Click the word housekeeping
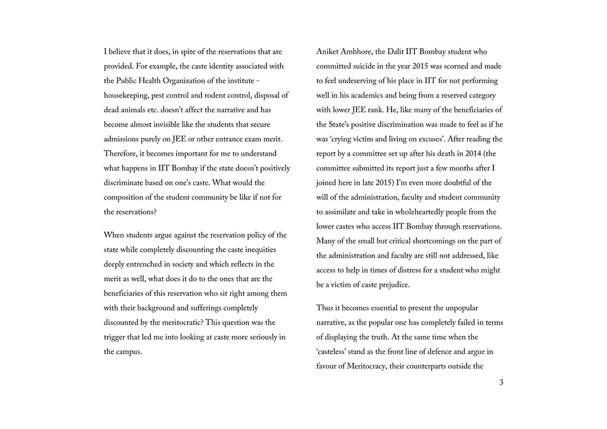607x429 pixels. click(129, 95)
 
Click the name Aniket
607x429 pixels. click(329, 52)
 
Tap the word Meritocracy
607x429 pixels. click(377, 366)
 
